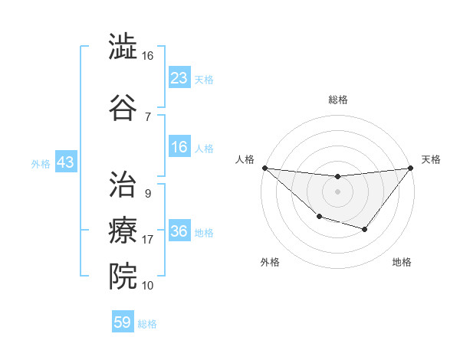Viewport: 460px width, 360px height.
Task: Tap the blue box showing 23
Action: coord(179,78)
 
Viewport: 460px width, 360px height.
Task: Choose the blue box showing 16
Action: coord(179,147)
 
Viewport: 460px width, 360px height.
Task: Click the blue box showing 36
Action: coord(179,231)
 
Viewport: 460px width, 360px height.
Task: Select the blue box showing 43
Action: coord(65,162)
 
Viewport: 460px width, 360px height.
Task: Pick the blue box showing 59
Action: coord(123,322)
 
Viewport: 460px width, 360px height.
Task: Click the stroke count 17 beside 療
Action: coord(148,240)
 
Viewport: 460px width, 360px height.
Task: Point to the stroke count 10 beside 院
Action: coord(148,286)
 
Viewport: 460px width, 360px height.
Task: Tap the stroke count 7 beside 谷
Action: coord(147,116)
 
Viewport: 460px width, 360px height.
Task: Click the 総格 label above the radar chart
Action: coord(337,100)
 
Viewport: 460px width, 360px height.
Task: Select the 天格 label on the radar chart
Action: coord(431,159)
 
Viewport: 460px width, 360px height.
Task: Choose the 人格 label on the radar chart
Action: coord(245,159)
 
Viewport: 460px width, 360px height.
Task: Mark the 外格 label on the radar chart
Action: coord(270,262)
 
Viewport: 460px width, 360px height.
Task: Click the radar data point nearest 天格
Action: coord(411,168)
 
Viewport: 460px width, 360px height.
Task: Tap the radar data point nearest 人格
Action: coord(264,168)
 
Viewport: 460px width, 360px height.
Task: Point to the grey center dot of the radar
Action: coord(337,191)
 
